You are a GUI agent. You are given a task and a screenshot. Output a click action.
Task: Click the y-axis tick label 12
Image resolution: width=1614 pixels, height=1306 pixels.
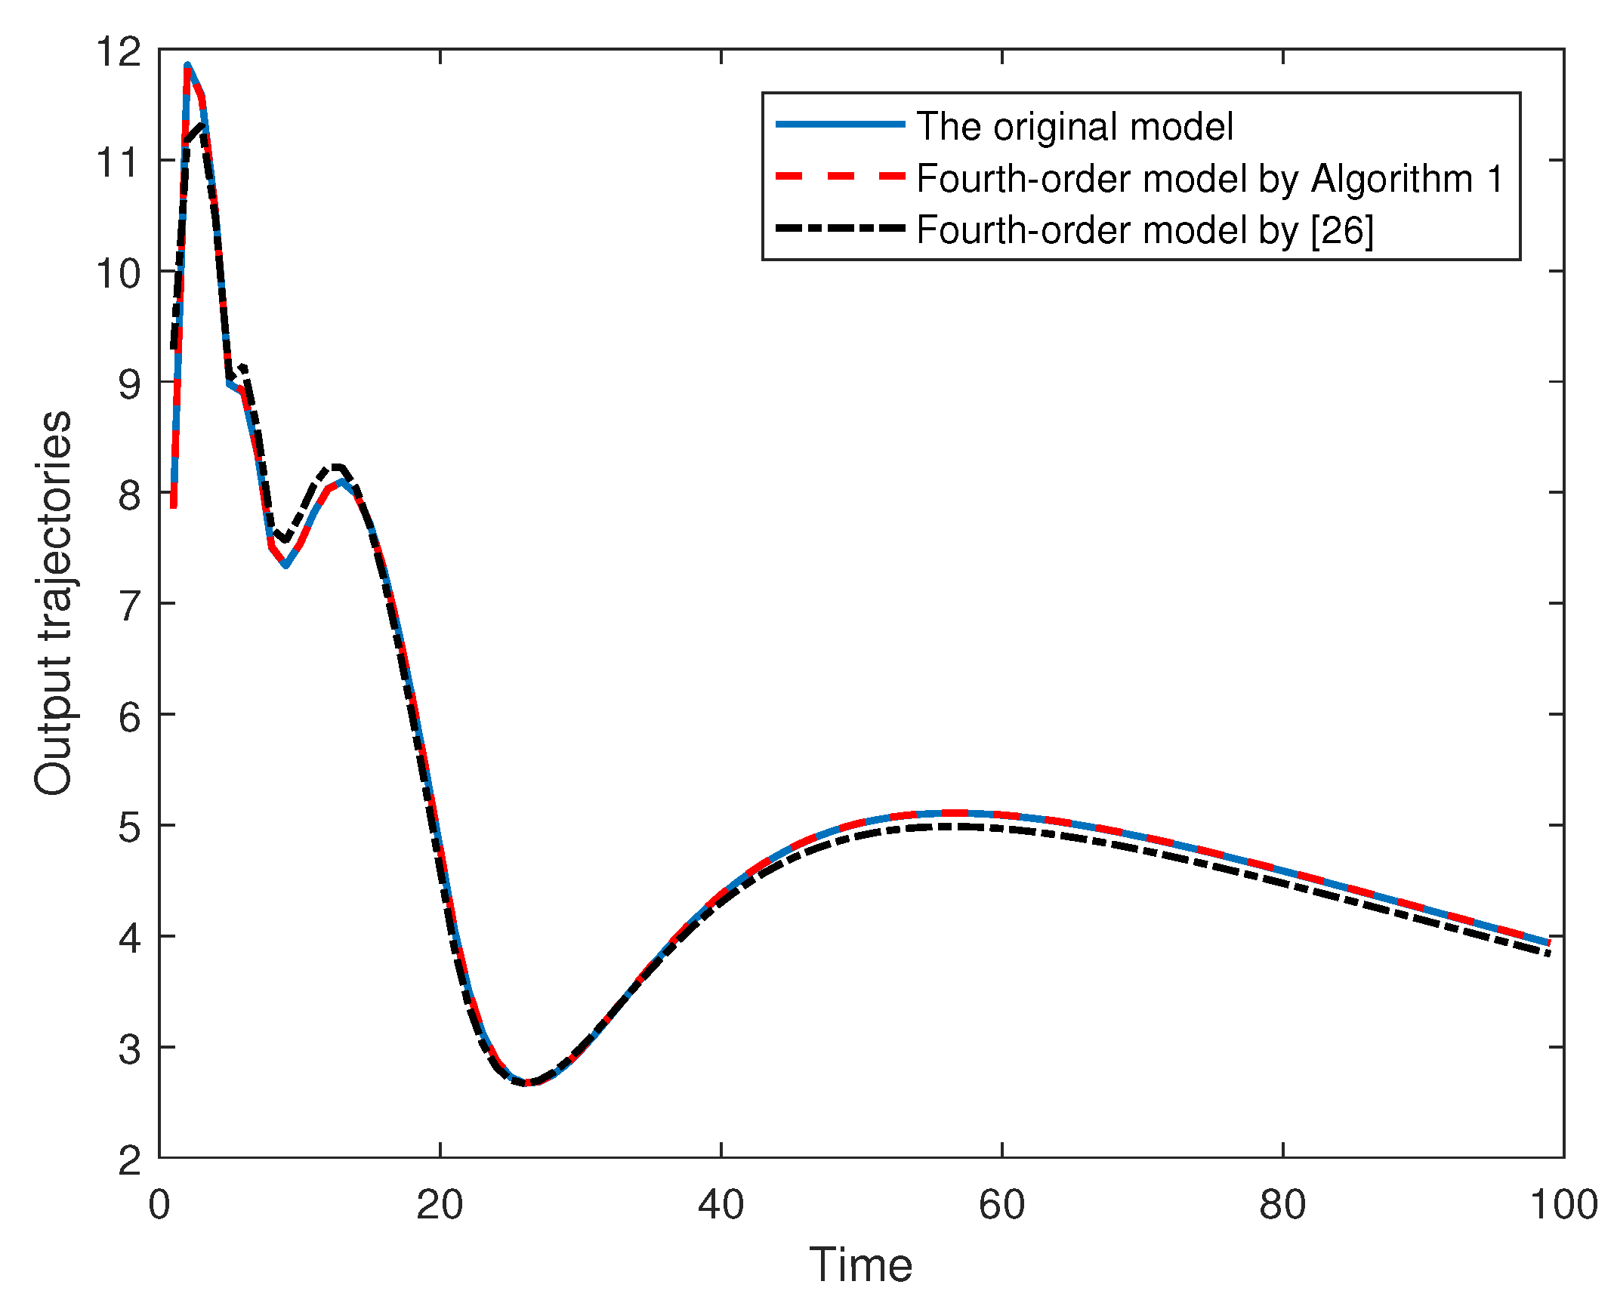(119, 53)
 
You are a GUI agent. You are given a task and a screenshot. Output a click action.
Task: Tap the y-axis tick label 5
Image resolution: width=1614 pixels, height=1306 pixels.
(129, 828)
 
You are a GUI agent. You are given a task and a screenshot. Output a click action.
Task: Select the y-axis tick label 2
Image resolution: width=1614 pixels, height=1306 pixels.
(129, 1161)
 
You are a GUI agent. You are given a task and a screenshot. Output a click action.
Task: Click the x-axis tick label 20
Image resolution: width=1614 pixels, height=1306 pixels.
(440, 1205)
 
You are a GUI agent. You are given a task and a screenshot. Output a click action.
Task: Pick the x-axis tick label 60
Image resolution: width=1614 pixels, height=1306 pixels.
(1001, 1205)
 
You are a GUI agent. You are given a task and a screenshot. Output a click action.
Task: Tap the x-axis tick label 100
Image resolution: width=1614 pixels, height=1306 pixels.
(1563, 1205)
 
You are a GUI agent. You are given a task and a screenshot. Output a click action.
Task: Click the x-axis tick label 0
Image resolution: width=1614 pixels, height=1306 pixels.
(159, 1205)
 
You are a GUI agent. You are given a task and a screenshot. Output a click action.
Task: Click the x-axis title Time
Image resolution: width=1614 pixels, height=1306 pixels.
(860, 1265)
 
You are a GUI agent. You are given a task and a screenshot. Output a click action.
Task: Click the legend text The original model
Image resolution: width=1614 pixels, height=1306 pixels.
(1074, 126)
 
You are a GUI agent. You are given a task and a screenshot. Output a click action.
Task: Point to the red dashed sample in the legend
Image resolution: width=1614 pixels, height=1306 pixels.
(840, 177)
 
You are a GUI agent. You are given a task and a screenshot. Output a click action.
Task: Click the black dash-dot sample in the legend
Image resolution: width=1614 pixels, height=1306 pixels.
(840, 228)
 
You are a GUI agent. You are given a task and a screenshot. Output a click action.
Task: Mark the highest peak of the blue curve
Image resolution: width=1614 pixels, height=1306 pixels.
(187, 66)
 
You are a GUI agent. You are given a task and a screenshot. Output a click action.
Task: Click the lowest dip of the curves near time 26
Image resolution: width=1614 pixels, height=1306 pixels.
(526, 1083)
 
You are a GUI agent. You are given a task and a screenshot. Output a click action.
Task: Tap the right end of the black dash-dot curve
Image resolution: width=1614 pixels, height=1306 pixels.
(1548, 954)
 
